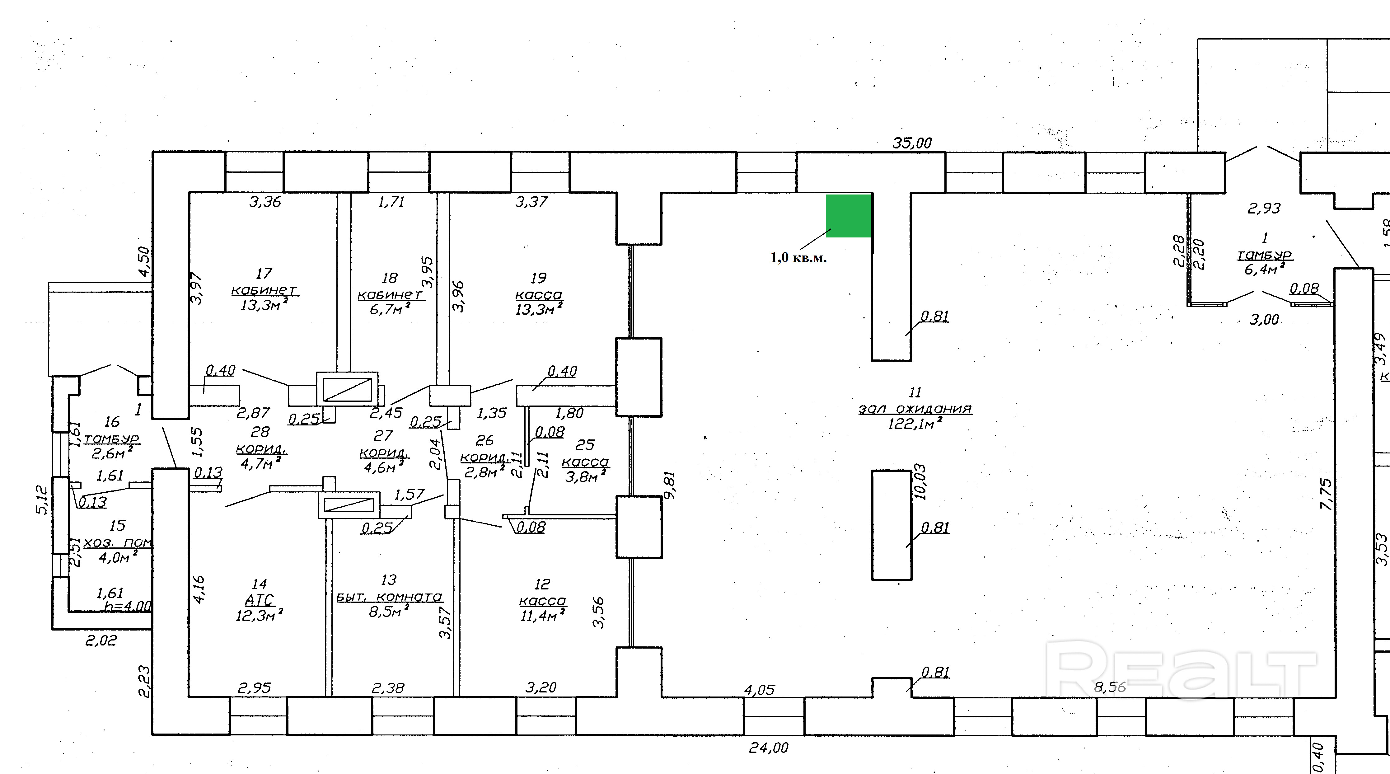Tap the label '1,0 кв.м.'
pos(798,258)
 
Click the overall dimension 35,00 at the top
pos(912,143)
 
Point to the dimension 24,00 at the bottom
pos(768,748)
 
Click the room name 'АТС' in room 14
pos(260,600)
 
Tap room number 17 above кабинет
pos(264,273)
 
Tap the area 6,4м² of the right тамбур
pos(1264,269)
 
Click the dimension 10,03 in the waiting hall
pos(920,482)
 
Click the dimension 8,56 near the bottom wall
pos(1110,687)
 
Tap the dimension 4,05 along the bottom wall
pos(759,690)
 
